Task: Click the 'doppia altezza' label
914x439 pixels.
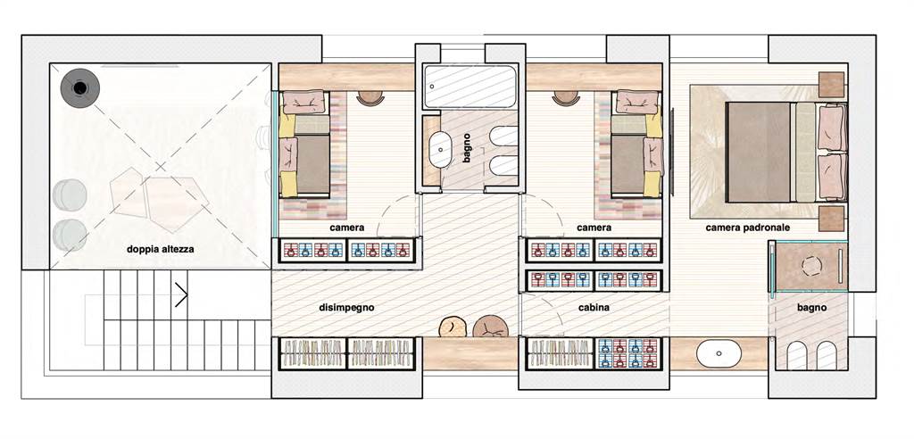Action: pyautogui.click(x=161, y=250)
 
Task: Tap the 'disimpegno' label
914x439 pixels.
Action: pyautogui.click(x=346, y=307)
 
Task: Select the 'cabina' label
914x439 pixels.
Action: pyautogui.click(x=594, y=307)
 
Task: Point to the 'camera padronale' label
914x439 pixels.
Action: pyautogui.click(x=748, y=228)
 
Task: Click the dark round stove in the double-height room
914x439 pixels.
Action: pyautogui.click(x=79, y=88)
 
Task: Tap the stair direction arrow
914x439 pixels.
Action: pyautogui.click(x=181, y=295)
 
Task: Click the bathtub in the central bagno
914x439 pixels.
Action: pyautogui.click(x=469, y=87)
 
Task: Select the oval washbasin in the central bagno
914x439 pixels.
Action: pyautogui.click(x=440, y=150)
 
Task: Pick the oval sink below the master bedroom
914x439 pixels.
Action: pyautogui.click(x=719, y=353)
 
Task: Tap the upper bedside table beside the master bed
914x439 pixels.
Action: pyautogui.click(x=832, y=85)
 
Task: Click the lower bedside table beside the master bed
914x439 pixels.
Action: pyautogui.click(x=832, y=218)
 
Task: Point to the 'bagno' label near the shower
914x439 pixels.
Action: pyautogui.click(x=812, y=307)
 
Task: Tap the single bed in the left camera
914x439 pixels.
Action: pyautogui.click(x=305, y=143)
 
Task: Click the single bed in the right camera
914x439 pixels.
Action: pyautogui.click(x=636, y=143)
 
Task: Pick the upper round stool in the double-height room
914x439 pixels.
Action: pyautogui.click(x=70, y=195)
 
